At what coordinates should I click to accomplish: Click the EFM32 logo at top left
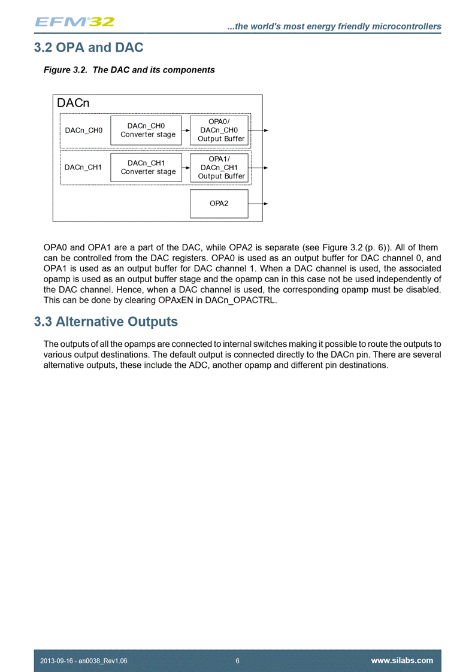click(x=74, y=22)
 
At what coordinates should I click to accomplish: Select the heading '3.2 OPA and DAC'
click(x=89, y=46)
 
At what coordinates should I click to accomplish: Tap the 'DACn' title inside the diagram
click(x=73, y=103)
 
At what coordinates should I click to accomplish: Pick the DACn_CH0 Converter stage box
click(x=148, y=130)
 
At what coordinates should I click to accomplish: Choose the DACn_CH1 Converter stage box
click(x=148, y=167)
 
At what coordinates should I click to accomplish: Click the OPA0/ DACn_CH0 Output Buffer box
click(x=219, y=130)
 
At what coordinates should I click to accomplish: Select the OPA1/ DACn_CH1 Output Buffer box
click(x=219, y=167)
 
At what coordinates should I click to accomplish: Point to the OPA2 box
click(x=219, y=204)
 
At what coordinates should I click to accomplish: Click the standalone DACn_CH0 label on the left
click(x=84, y=131)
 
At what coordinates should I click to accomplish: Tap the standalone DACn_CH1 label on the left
click(x=84, y=167)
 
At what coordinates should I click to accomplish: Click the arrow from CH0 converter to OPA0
click(x=186, y=130)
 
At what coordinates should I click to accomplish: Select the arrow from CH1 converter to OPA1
click(x=186, y=167)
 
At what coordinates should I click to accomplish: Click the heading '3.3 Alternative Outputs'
click(x=106, y=322)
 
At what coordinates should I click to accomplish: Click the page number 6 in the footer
click(x=238, y=661)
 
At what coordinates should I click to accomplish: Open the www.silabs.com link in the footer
click(x=402, y=661)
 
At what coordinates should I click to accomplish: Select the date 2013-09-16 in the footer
click(x=57, y=661)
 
